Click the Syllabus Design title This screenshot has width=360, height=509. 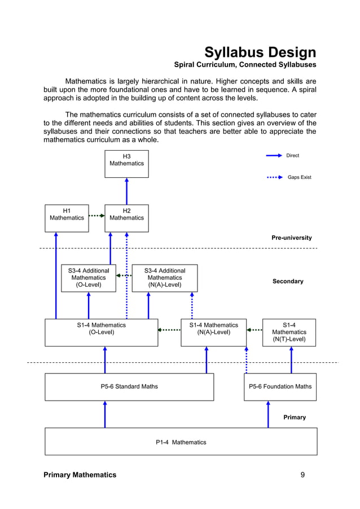click(x=260, y=53)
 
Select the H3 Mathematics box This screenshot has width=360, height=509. click(x=126, y=164)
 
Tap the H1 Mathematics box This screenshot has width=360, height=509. click(x=67, y=218)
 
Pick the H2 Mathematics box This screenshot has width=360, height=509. click(x=126, y=218)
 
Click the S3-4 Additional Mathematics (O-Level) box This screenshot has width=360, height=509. click(x=89, y=278)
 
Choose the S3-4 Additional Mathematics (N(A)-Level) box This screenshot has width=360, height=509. click(x=165, y=278)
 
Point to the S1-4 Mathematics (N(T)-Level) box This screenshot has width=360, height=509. click(x=289, y=332)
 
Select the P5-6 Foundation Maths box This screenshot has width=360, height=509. click(x=280, y=387)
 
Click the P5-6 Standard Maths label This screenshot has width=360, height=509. click(x=129, y=387)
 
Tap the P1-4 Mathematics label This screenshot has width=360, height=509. click(x=181, y=442)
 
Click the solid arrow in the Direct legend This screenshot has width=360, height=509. click(x=274, y=155)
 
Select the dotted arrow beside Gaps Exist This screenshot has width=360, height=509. click(x=274, y=177)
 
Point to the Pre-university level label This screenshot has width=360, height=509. click(x=291, y=238)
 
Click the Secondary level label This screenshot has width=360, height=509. click(x=288, y=281)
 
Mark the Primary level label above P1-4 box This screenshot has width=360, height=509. click(x=294, y=418)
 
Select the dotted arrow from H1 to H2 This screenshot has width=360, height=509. click(x=96, y=215)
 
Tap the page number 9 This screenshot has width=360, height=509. click(x=302, y=475)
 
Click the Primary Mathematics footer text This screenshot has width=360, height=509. click(x=80, y=475)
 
